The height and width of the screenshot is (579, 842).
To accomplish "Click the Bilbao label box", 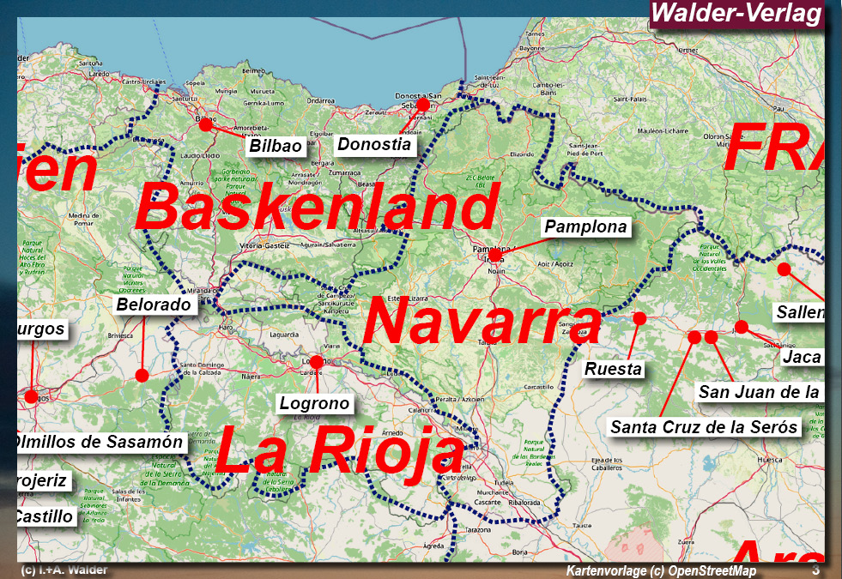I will pyautogui.click(x=276, y=146).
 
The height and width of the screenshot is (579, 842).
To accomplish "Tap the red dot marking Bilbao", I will pyautogui.click(x=205, y=125).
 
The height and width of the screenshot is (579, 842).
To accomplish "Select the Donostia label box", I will pyautogui.click(x=373, y=144).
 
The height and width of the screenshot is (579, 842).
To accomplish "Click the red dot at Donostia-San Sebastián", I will pyautogui.click(x=422, y=105).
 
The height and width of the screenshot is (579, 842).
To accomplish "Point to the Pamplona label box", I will pyautogui.click(x=586, y=227).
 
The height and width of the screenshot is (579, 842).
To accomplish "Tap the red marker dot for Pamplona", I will pyautogui.click(x=494, y=255).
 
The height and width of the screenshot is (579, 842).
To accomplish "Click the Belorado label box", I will pyautogui.click(x=154, y=305).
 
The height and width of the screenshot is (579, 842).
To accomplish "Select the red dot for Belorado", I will pyautogui.click(x=142, y=375).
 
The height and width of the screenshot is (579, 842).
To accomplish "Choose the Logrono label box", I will pyautogui.click(x=314, y=403).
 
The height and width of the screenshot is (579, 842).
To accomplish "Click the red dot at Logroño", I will pyautogui.click(x=316, y=362).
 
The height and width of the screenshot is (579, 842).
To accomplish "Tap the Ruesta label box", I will pyautogui.click(x=613, y=369).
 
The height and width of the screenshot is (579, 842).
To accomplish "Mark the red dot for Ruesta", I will pyautogui.click(x=639, y=318).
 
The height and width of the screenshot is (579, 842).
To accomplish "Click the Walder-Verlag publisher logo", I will pyautogui.click(x=736, y=15).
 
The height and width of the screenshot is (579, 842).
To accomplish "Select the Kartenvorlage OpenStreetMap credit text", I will pyautogui.click(x=661, y=570).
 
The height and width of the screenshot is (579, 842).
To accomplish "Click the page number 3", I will pyautogui.click(x=815, y=570).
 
